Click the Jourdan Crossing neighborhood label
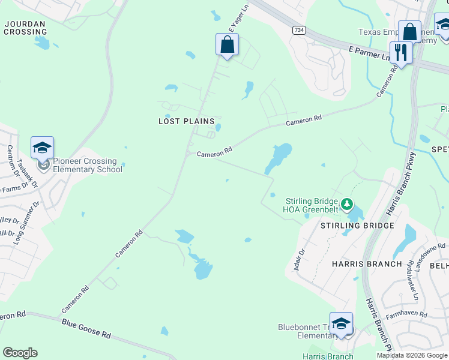point(25,28)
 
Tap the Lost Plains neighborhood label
point(186,121)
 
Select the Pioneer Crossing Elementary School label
point(88,165)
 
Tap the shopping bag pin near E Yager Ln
point(227,44)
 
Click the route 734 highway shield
point(298,29)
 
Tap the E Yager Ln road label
point(237,19)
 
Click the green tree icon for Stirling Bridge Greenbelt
point(346,205)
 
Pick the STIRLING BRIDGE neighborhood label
point(357,226)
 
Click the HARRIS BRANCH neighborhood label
point(367,264)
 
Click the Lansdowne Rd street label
point(430,254)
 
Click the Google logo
point(20,353)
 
